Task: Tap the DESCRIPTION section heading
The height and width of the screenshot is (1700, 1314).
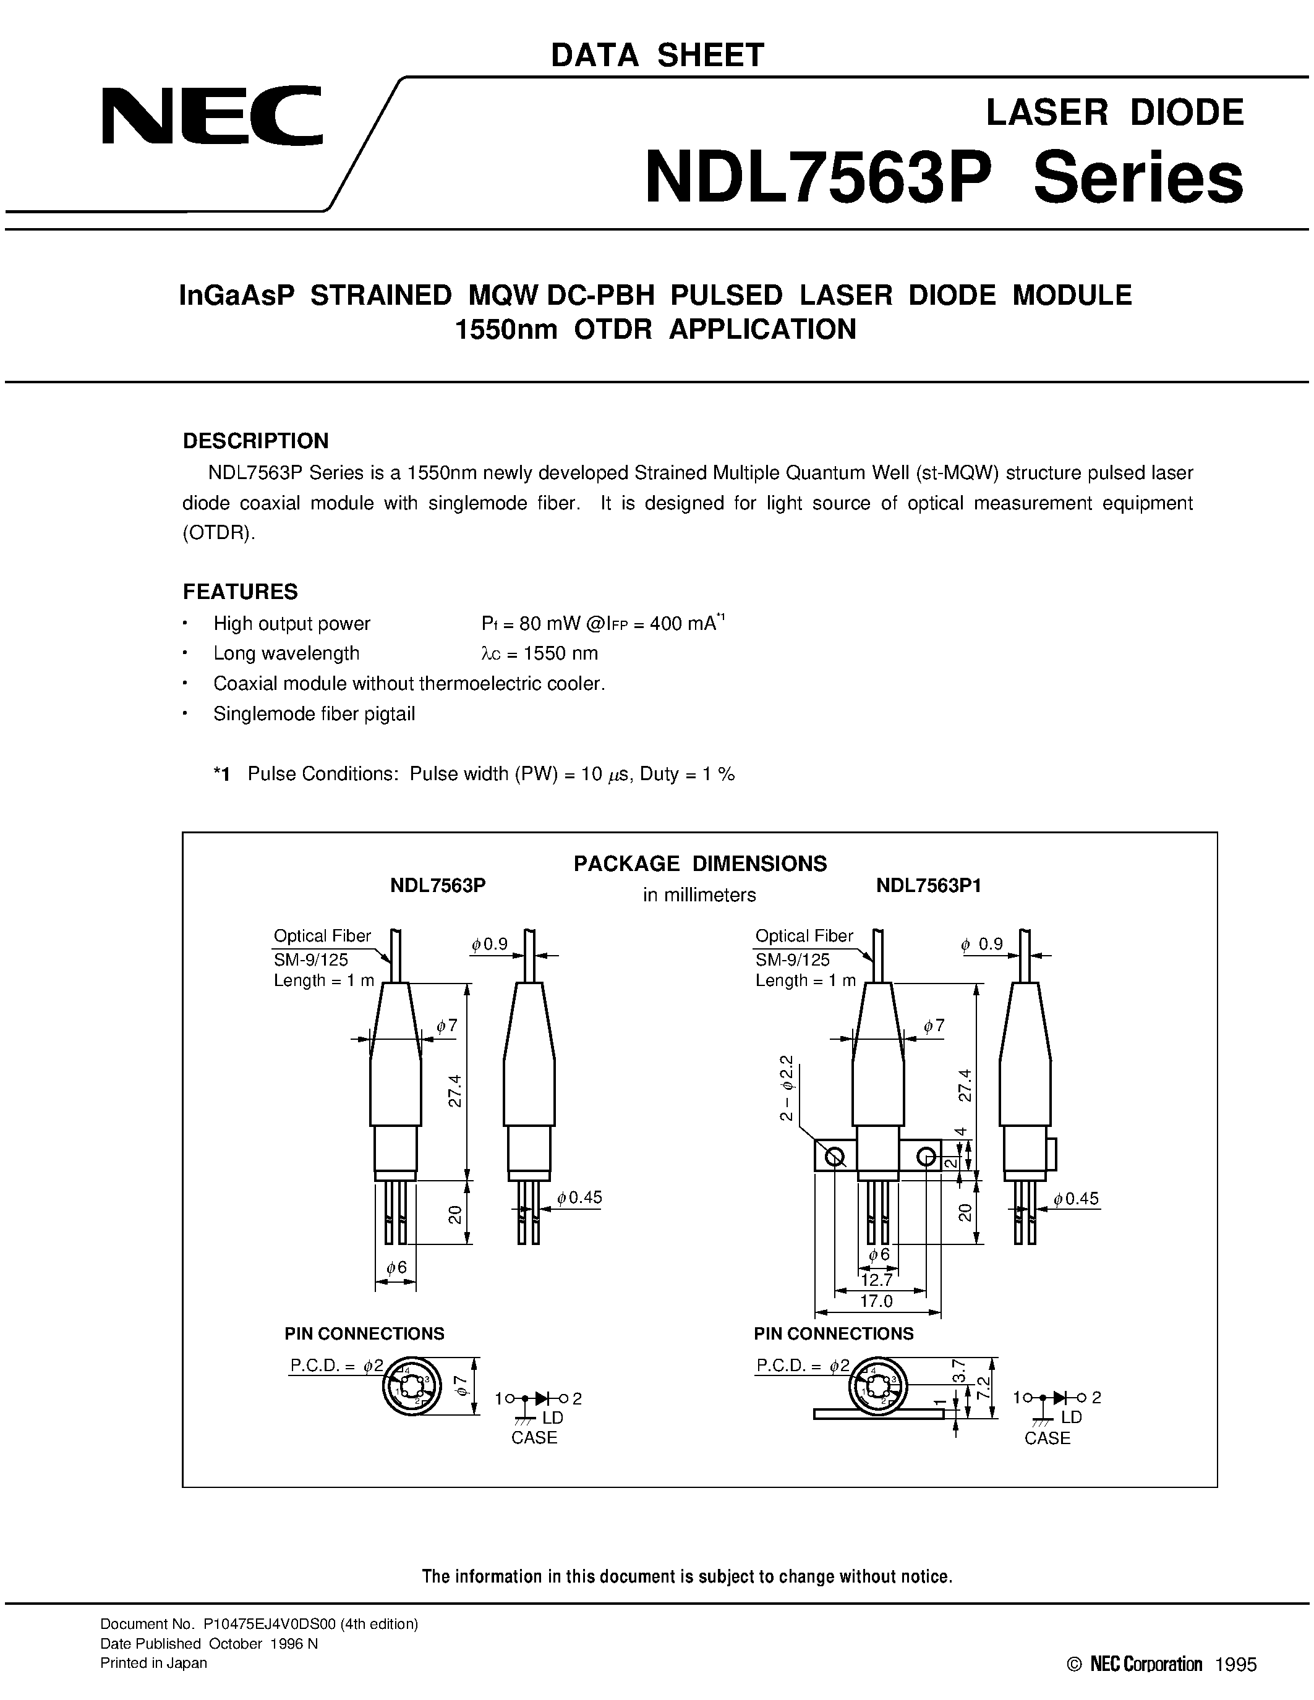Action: [x=255, y=441]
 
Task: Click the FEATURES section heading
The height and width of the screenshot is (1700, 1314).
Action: [x=240, y=592]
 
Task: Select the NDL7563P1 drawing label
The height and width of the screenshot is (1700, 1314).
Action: [x=928, y=886]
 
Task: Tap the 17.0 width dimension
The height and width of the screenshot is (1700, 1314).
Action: [x=877, y=1301]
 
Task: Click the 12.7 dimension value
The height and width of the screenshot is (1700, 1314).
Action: [x=877, y=1280]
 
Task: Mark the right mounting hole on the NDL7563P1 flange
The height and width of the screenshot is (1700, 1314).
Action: [x=926, y=1157]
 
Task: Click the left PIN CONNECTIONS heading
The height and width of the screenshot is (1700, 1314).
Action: [x=364, y=1333]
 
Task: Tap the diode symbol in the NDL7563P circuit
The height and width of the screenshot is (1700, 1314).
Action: [x=542, y=1398]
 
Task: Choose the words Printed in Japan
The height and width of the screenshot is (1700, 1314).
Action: [x=154, y=1663]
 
